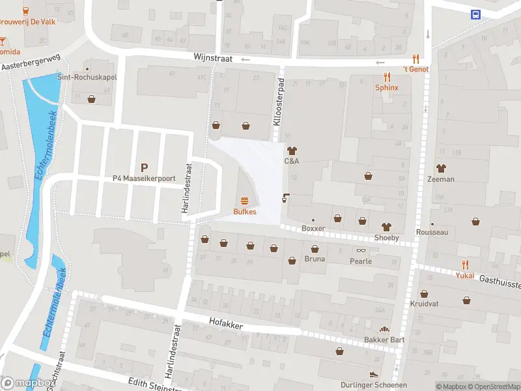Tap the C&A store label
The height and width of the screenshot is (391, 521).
pos(291,160)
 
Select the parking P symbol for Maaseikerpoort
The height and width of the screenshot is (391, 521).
pos(144,167)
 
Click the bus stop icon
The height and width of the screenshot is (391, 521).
pos(476,14)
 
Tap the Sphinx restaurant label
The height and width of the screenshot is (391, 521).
pos(386,87)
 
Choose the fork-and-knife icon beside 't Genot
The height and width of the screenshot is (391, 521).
pos(414,58)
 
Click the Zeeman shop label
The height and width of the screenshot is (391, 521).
pos(441,179)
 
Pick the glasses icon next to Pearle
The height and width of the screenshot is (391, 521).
pos(361,251)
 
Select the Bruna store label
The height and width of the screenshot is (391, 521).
pos(315,259)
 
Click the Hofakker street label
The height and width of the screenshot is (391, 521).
pos(225,321)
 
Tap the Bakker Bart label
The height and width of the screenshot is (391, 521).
pos(384,340)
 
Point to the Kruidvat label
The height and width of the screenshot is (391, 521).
pos(424,304)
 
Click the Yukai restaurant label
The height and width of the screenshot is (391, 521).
pos(465,274)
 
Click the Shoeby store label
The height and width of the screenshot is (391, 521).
pos(386,238)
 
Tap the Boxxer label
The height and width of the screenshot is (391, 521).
pos(313,229)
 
